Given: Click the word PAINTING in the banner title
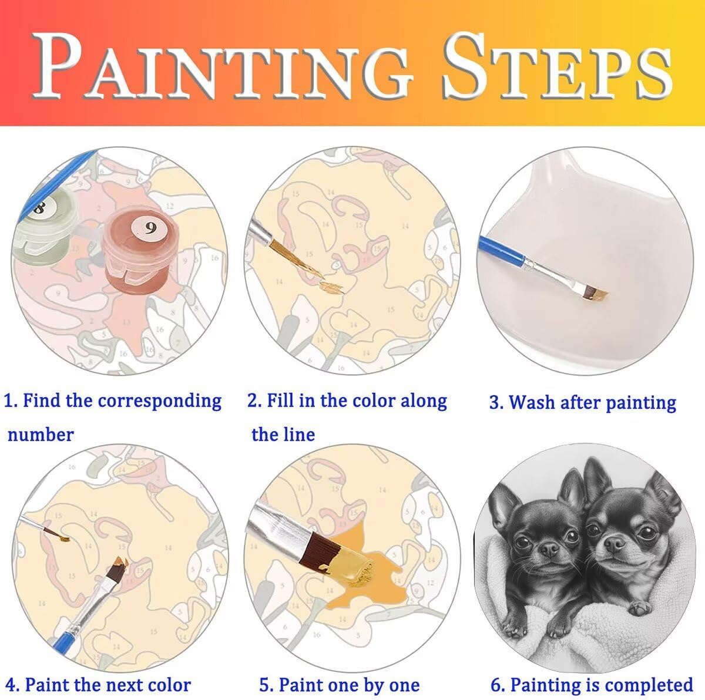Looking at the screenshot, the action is click(x=223, y=66).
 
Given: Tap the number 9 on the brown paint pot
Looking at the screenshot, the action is click(x=150, y=228).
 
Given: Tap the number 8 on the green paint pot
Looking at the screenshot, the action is click(x=39, y=208).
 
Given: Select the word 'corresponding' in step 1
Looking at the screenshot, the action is click(x=160, y=402).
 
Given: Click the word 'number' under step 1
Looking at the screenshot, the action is click(x=41, y=435).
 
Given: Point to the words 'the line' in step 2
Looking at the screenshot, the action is click(x=283, y=435).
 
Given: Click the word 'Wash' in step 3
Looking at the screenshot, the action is click(x=532, y=402).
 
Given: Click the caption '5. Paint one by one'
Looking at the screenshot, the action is click(x=340, y=685).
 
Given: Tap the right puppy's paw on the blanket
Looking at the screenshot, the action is click(x=640, y=607).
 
